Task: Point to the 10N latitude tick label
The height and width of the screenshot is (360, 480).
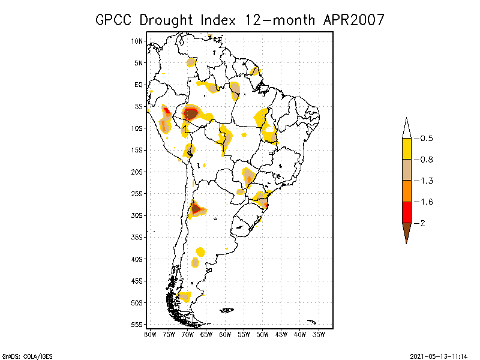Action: pyautogui.click(x=137, y=41)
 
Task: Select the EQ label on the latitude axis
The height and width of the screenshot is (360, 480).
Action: pyautogui.click(x=139, y=85)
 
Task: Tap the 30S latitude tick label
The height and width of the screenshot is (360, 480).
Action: pyautogui.click(x=137, y=215)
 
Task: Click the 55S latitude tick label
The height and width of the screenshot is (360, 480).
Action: pyautogui.click(x=137, y=325)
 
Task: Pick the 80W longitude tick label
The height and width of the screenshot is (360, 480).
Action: pyautogui.click(x=150, y=334)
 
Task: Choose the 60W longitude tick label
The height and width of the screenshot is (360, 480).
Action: pyautogui.click(x=226, y=334)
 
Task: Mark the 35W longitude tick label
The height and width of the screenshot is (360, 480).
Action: pyautogui.click(x=320, y=334)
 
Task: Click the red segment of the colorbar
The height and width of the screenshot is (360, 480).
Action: pyautogui.click(x=406, y=212)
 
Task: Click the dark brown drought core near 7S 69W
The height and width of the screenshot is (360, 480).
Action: pyautogui.click(x=191, y=113)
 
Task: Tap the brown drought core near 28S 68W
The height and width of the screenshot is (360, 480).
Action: pyautogui.click(x=196, y=209)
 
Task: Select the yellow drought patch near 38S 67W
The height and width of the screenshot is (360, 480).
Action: pyautogui.click(x=200, y=251)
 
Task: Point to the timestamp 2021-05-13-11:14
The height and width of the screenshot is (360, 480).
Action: pyautogui.click(x=439, y=355)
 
